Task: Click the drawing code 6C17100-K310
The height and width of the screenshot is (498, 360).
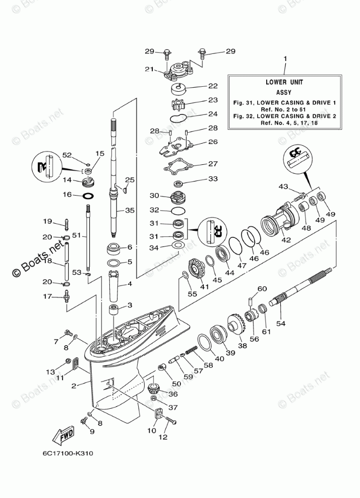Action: [68, 453]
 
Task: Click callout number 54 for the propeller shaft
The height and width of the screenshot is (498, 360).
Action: [280, 323]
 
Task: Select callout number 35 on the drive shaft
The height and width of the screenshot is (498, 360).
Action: [130, 210]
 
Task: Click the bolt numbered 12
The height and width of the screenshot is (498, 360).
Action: [171, 421]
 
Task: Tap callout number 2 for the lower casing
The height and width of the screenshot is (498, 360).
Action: [74, 386]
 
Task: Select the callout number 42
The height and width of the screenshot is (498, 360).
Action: [286, 240]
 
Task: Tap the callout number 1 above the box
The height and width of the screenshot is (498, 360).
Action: [285, 59]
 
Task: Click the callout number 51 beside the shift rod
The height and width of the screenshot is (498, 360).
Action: [77, 235]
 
